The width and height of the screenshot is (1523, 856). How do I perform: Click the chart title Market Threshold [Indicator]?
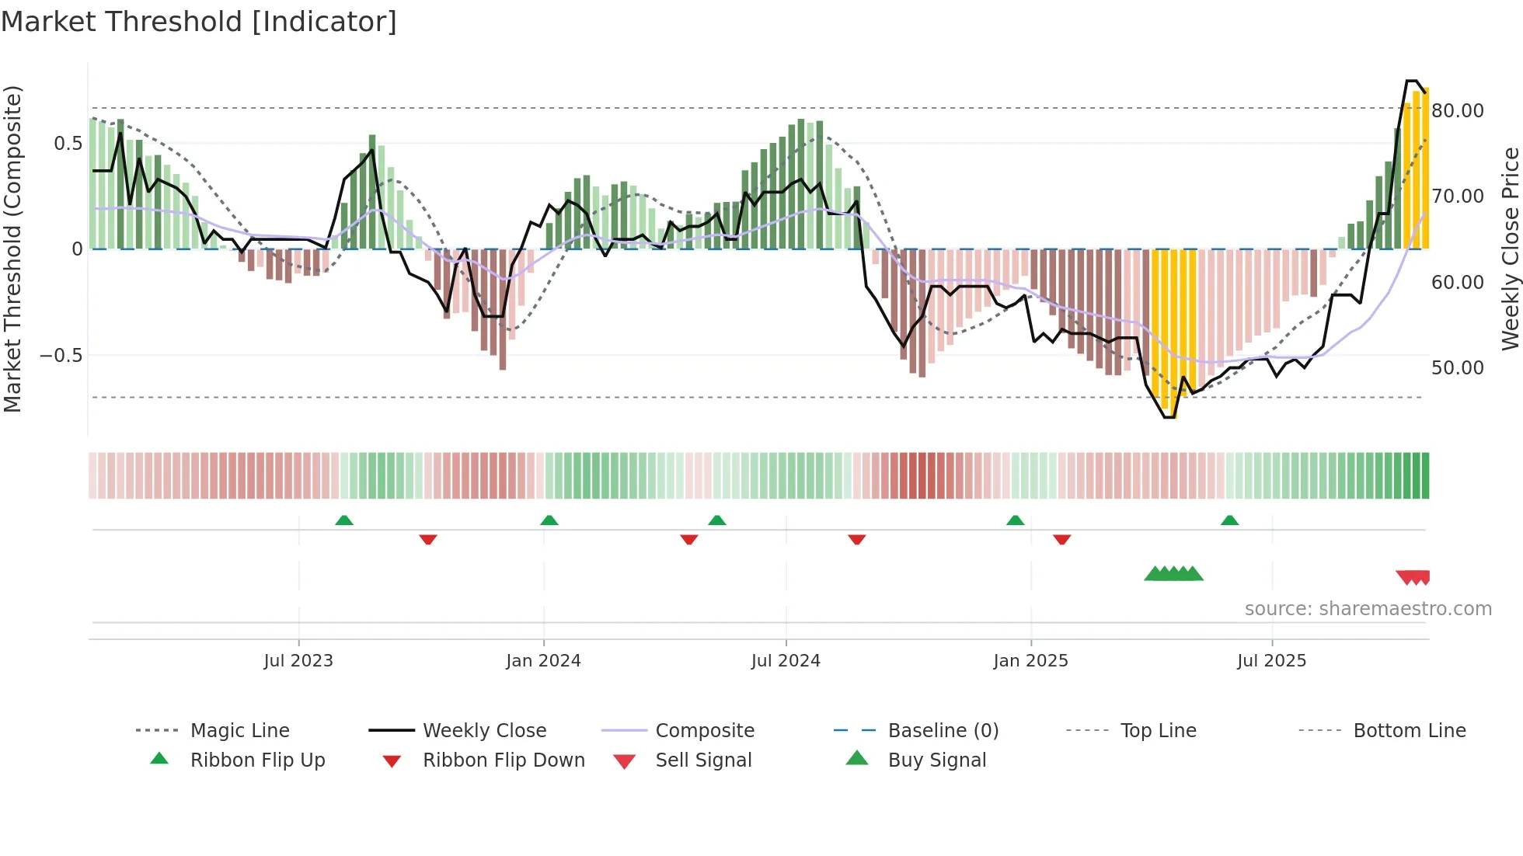(199, 22)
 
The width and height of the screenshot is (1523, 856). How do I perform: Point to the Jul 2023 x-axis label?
(298, 661)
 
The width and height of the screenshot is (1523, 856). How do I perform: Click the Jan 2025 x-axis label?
(1030, 661)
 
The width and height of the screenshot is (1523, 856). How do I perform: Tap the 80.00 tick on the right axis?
(1457, 111)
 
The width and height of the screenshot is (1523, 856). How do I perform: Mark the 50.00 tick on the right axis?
(1457, 368)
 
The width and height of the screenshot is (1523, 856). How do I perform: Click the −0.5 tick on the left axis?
(61, 356)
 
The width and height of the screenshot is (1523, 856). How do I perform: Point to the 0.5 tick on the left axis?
(68, 144)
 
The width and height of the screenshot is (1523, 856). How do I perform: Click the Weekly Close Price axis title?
(1510, 249)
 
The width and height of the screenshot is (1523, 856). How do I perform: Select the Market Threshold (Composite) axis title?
(12, 249)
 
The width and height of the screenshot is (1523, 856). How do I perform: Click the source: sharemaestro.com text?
(1368, 609)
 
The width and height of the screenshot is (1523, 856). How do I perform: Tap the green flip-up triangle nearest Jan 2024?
(549, 520)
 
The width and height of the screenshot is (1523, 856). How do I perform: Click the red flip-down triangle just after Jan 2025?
(1062, 539)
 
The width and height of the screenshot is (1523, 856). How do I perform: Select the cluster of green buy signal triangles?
(1173, 574)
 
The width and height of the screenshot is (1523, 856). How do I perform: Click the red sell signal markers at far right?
(1413, 577)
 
